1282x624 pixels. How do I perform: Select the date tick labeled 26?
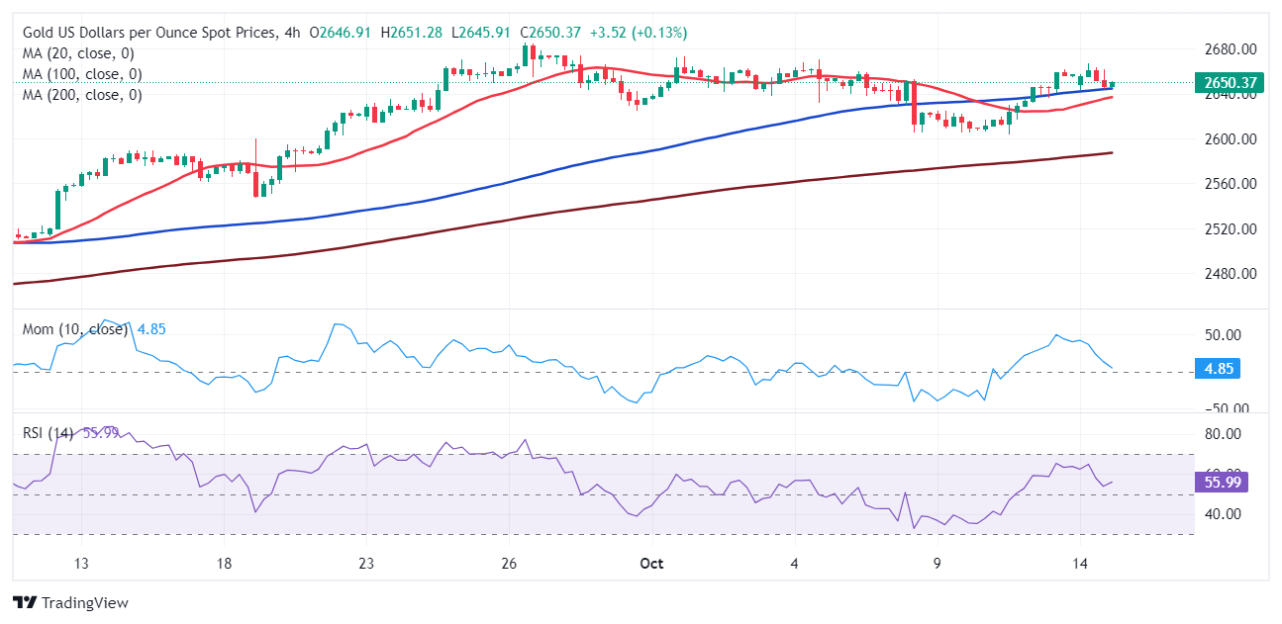509,564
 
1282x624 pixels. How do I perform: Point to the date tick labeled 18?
224,564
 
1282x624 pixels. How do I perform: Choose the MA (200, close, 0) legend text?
82,95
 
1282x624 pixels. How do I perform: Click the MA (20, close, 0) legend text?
78,53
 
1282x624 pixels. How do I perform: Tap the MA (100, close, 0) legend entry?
82,74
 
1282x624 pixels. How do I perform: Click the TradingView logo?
70,602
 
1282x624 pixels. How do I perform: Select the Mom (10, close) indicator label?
75,329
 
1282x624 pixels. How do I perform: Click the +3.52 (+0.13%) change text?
638,33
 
